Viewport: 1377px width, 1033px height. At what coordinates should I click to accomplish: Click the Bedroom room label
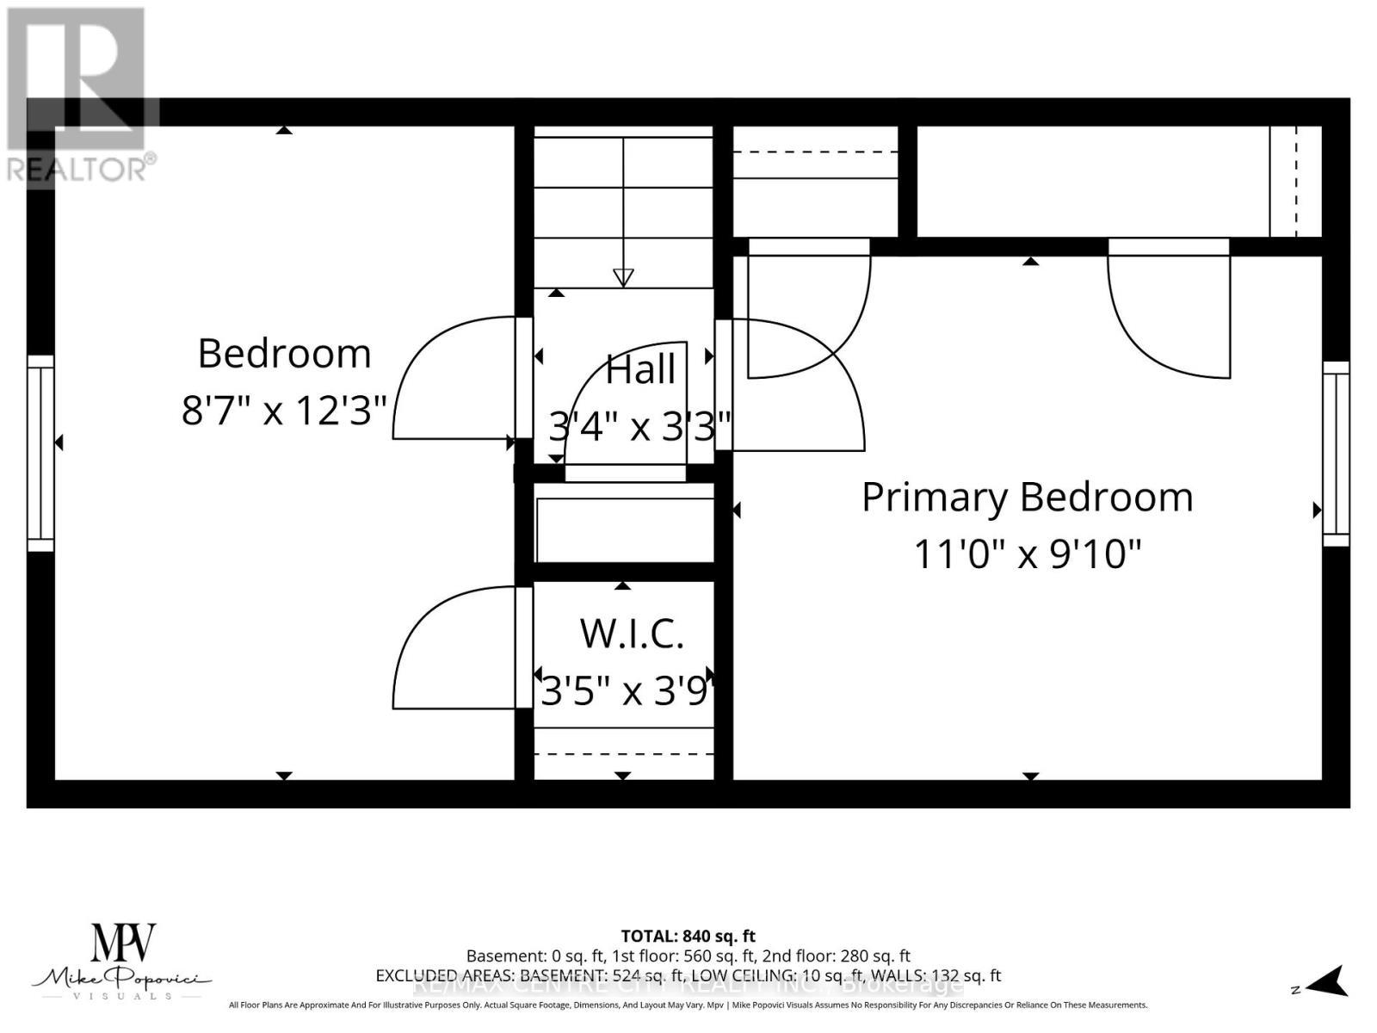pos(284,354)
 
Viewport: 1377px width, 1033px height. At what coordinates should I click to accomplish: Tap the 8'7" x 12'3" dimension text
pos(284,411)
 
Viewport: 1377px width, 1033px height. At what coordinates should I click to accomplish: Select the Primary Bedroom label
pos(1027,498)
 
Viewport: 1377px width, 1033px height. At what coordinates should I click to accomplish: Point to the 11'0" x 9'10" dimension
pos(1027,554)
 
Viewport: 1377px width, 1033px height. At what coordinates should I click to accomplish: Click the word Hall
pos(640,370)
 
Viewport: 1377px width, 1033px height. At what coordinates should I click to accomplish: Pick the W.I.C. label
pos(631,634)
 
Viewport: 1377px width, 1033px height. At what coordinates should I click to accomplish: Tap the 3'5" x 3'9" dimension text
pos(627,690)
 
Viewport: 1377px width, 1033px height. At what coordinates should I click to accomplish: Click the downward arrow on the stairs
pos(623,277)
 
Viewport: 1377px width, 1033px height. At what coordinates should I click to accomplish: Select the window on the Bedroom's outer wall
pos(40,453)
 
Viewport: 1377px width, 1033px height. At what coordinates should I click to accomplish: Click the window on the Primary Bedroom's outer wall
pos(1336,454)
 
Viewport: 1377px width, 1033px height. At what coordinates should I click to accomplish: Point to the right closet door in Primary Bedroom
pos(1162,319)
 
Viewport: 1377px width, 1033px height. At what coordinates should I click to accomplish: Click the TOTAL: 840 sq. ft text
pos(688,936)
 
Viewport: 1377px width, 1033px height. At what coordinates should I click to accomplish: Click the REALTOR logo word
pos(81,169)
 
